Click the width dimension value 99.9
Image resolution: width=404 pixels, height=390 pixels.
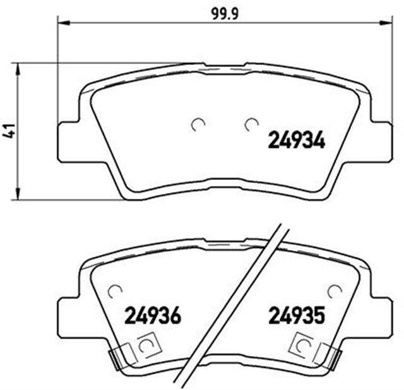click(x=218, y=10)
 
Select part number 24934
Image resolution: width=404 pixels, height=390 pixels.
click(x=297, y=139)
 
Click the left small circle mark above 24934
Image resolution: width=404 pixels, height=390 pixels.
click(x=198, y=124)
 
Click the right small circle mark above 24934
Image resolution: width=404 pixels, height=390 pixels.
click(x=251, y=124)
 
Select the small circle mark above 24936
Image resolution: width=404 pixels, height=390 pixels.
click(x=114, y=291)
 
